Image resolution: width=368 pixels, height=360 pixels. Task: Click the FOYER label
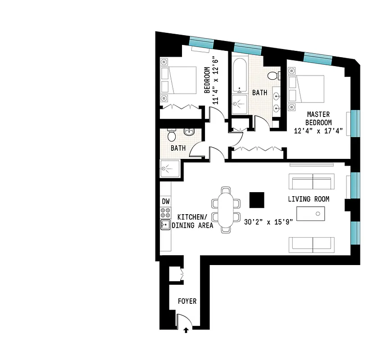coord(187,301)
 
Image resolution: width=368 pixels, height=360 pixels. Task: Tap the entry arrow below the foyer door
coord(186,331)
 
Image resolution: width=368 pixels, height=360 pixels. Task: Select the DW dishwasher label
coord(165,202)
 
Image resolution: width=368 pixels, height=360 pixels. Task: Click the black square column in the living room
coord(257,200)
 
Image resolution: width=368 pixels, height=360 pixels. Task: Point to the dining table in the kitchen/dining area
coord(227,209)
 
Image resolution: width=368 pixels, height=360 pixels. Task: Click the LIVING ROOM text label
coord(309,199)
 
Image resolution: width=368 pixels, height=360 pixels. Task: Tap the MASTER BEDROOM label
coord(318,118)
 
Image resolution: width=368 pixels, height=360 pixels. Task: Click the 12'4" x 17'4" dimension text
coord(318,131)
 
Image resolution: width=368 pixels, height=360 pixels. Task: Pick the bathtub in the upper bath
coord(239,74)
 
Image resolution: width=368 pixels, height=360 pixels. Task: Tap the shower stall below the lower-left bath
coord(170,169)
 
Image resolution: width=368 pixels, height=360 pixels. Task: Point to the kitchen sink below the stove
coord(165,225)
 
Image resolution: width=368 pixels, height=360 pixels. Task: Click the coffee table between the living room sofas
coord(310,213)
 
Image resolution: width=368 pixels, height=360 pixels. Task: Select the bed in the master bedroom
coord(307,89)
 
